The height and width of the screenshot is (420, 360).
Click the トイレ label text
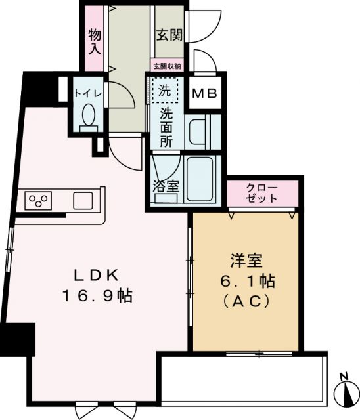(87, 93)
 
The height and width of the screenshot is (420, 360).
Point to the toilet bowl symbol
(87, 116)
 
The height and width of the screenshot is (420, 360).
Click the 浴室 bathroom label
(166, 186)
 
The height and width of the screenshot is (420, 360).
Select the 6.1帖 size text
(247, 282)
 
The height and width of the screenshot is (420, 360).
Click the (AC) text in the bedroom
(247, 301)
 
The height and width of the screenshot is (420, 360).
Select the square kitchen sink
(83, 199)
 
